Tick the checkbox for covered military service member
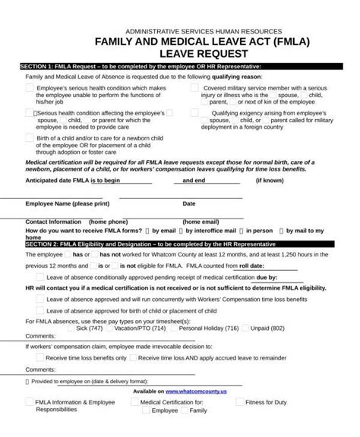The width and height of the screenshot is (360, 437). click(x=194, y=88)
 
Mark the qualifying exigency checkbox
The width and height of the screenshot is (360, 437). click(x=194, y=113)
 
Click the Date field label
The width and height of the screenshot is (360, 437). click(x=189, y=203)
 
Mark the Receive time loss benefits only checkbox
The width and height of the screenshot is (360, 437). click(x=39, y=356)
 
